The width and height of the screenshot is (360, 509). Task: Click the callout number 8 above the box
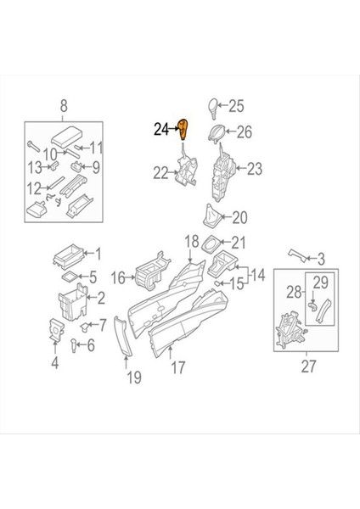[62, 106]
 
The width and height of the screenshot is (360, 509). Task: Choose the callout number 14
[256, 274]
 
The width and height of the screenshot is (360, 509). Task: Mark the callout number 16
[119, 277]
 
